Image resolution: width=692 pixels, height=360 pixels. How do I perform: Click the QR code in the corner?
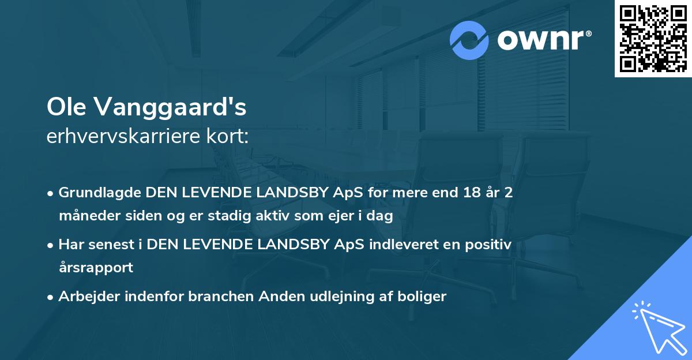pyautogui.click(x=653, y=39)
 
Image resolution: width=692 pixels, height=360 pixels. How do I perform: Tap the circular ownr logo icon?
pyautogui.click(x=469, y=40)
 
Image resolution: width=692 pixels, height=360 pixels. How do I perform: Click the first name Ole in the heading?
pyautogui.click(x=66, y=107)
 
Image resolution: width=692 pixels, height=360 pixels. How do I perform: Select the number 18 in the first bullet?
pyautogui.click(x=460, y=193)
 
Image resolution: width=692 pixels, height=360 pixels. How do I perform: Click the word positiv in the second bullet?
pyautogui.click(x=490, y=245)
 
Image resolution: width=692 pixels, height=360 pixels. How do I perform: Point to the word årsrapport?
pyautogui.click(x=96, y=268)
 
